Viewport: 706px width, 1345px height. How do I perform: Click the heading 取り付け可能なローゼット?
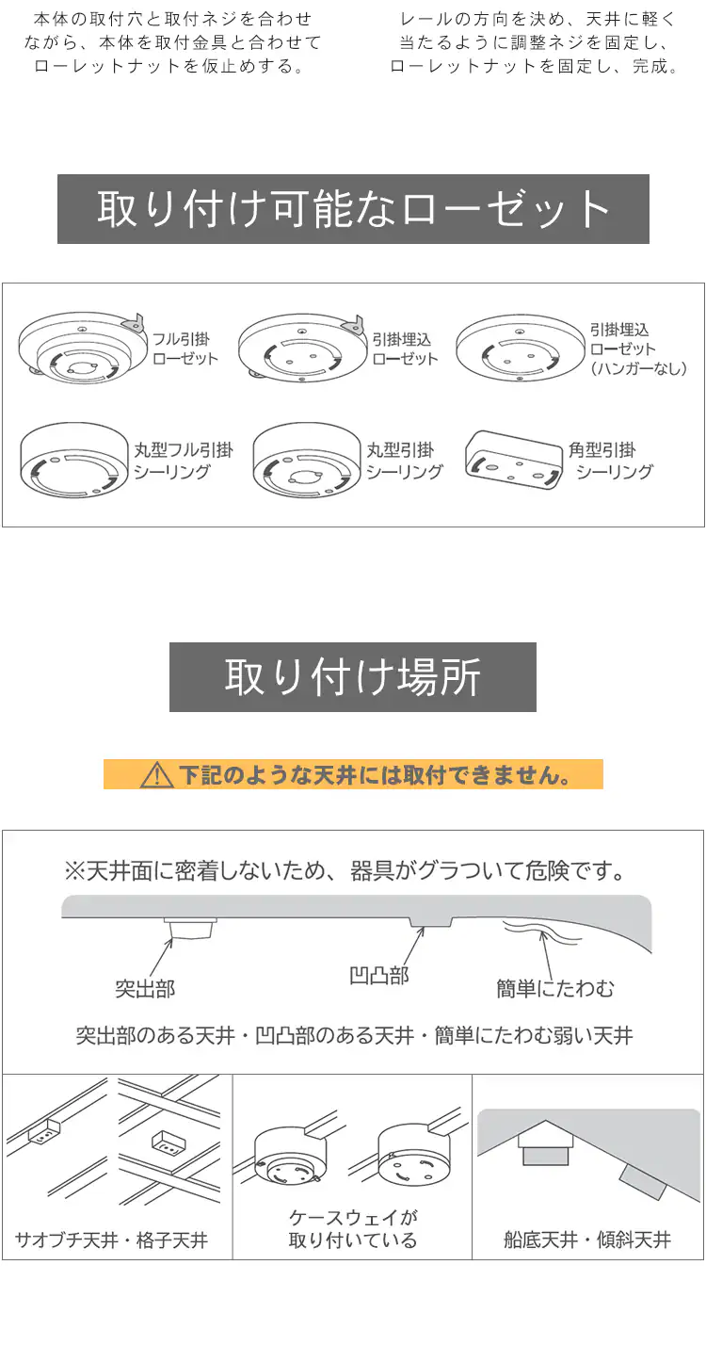click(x=353, y=209)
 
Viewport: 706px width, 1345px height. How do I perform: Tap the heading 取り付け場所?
click(x=353, y=677)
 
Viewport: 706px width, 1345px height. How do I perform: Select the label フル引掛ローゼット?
click(x=185, y=349)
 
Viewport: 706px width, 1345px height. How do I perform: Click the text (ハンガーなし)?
click(x=638, y=368)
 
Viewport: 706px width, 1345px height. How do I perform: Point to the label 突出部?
click(x=145, y=989)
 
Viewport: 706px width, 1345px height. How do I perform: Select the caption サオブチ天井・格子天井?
click(x=111, y=1240)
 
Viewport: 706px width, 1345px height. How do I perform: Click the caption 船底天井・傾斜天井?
click(x=587, y=1240)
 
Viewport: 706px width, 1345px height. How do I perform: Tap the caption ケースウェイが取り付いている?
click(x=352, y=1229)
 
